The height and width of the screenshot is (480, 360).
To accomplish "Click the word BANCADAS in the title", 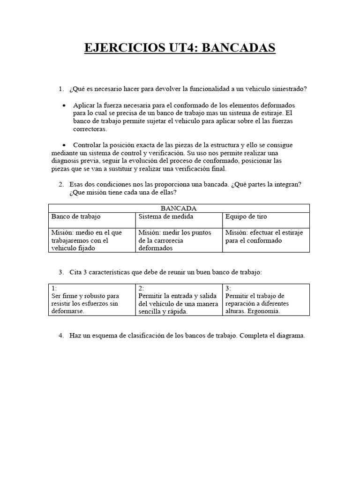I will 239,48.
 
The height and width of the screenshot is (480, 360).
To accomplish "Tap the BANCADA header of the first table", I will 179,208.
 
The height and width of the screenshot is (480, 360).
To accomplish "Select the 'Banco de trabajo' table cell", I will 76,217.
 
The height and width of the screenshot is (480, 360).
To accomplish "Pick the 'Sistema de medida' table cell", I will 165,217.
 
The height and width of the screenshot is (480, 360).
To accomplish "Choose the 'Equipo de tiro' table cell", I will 246,217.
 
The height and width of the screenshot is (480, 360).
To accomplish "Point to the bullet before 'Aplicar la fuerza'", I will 64,105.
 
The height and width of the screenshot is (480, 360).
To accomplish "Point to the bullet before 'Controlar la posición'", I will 64,145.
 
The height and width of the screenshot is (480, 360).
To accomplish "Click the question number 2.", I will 61,185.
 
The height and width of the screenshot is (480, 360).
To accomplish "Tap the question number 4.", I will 61,336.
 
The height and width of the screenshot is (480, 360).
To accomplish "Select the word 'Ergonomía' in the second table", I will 264,311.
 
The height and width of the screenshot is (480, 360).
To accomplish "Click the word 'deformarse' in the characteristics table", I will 68,311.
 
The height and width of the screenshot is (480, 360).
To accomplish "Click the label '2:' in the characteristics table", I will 141,288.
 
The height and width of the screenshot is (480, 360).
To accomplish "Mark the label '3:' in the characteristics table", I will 228,288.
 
